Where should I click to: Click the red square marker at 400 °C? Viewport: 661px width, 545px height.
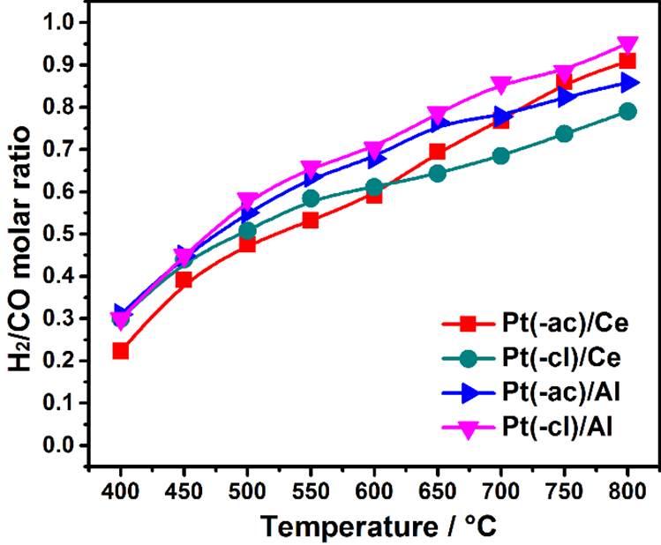pyautogui.click(x=121, y=351)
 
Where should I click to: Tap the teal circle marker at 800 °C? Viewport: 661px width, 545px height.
pyautogui.click(x=627, y=111)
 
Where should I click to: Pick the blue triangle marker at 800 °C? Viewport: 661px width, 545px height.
pyautogui.click(x=628, y=83)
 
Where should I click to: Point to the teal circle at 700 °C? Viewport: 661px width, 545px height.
pyautogui.click(x=501, y=156)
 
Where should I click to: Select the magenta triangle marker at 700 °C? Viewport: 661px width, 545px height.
pyautogui.click(x=501, y=86)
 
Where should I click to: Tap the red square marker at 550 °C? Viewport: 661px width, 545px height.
pyautogui.click(x=311, y=220)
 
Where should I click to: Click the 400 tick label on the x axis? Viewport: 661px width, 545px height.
pyautogui.click(x=121, y=489)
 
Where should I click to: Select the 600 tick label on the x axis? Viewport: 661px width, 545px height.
pyautogui.click(x=374, y=489)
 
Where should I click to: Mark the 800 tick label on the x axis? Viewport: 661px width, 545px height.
pyautogui.click(x=627, y=489)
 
